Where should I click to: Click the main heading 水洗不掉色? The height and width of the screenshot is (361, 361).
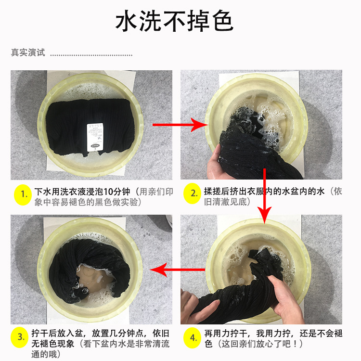pyautogui.click(x=174, y=21)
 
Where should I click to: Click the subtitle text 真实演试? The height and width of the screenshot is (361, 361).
pyautogui.click(x=28, y=52)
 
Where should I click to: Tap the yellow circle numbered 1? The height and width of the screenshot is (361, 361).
pyautogui.click(x=23, y=195)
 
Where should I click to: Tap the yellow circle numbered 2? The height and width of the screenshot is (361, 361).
pyautogui.click(x=193, y=193)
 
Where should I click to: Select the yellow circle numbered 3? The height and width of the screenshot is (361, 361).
pyautogui.click(x=20, y=337)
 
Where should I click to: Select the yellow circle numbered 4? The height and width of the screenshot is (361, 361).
pyautogui.click(x=193, y=338)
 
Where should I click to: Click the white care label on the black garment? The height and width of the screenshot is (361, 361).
pyautogui.click(x=95, y=137)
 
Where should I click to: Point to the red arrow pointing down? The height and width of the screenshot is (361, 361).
pyautogui.click(x=264, y=196)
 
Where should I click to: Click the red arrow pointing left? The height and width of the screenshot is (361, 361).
pyautogui.click(x=177, y=270)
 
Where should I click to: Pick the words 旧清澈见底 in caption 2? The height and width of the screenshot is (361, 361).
pyautogui.click(x=225, y=202)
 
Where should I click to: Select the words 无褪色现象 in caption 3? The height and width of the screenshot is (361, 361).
pyautogui.click(x=53, y=344)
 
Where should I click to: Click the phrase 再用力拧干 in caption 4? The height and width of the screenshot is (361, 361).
pyautogui.click(x=226, y=333)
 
